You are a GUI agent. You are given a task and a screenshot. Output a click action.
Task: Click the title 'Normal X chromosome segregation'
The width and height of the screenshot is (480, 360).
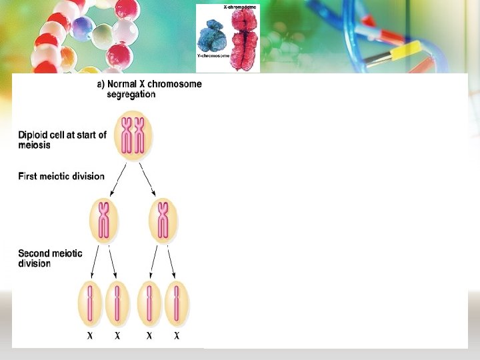tap(149, 89)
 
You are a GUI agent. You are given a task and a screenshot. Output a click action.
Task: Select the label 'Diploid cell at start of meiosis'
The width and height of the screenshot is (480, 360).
tap(62, 140)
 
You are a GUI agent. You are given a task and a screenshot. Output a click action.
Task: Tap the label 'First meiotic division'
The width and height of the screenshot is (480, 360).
tap(61, 177)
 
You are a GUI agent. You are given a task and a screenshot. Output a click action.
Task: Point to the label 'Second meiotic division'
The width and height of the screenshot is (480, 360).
tap(50, 258)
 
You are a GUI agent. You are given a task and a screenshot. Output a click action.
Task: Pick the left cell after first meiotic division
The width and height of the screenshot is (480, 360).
tap(104, 220)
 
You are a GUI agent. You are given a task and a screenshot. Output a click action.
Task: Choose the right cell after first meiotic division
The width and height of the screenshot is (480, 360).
tap(163, 220)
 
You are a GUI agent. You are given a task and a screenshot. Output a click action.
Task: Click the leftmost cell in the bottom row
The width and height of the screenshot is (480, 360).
tap(90, 303)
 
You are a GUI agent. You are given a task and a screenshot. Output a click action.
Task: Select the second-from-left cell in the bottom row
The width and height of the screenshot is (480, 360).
tap(117, 303)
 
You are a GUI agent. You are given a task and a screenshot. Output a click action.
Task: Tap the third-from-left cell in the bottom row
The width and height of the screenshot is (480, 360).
tap(149, 303)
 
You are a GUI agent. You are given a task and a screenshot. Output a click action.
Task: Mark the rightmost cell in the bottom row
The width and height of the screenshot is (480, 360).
tap(177, 303)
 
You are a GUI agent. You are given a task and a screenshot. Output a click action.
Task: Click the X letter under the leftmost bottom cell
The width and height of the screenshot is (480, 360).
tap(90, 336)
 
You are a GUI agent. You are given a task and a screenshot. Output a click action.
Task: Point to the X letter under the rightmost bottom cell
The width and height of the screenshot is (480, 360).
tap(177, 336)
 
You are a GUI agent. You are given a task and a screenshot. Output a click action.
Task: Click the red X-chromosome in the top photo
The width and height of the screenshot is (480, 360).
tap(244, 37)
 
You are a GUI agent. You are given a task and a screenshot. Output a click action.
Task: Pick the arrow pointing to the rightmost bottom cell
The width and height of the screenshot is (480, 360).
tap(172, 262)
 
